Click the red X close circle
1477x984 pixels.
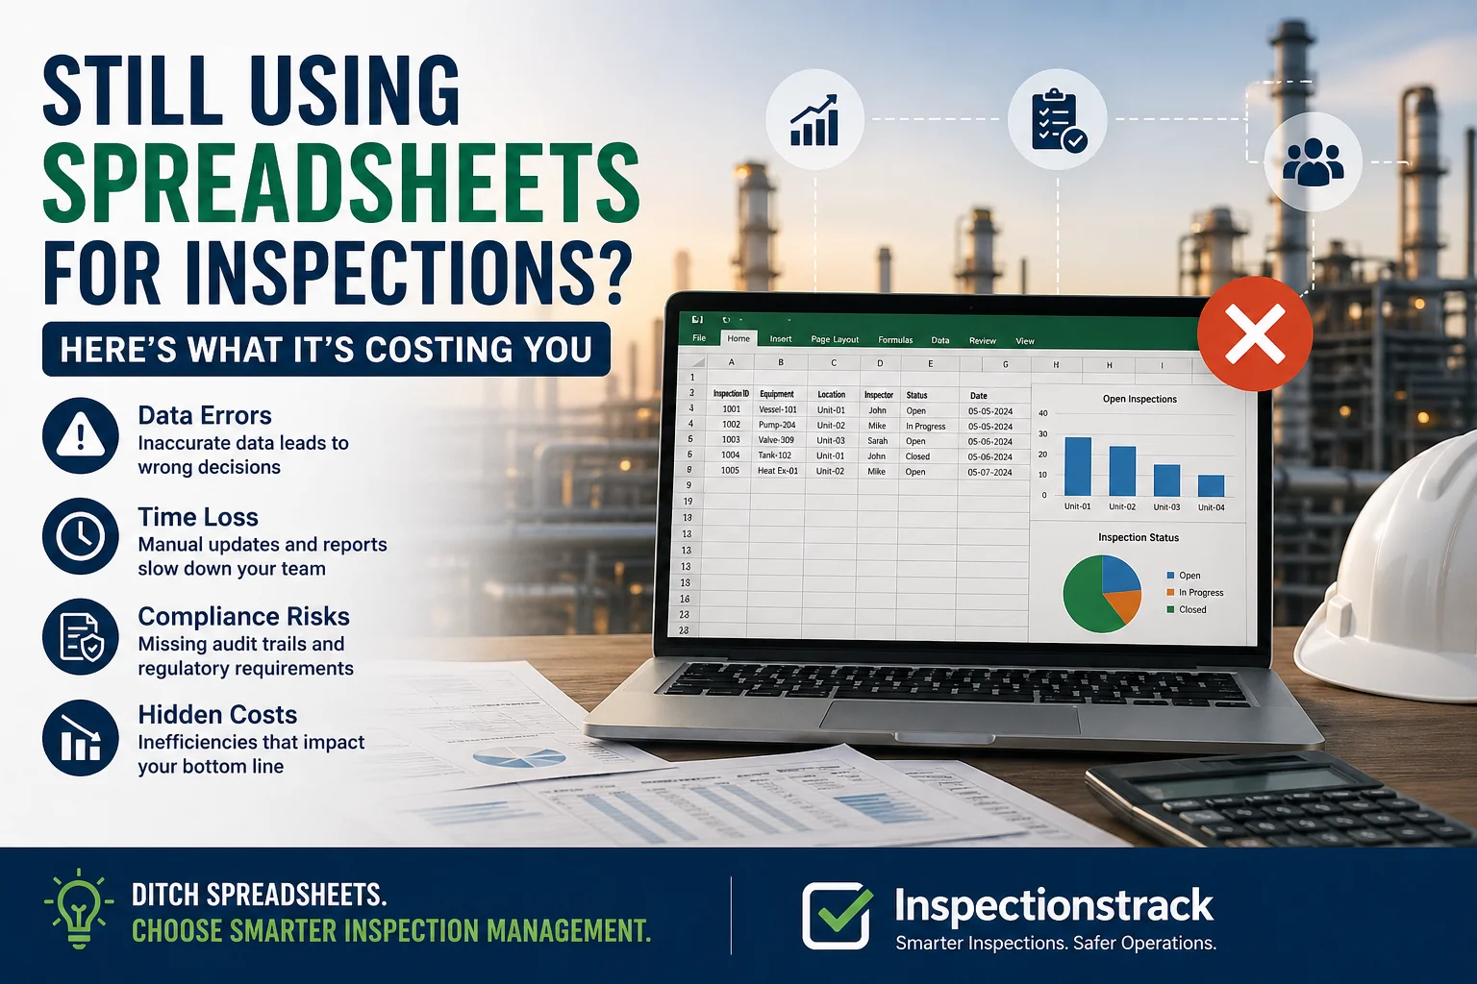[x=1255, y=333]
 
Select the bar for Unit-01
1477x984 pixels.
[x=1078, y=466]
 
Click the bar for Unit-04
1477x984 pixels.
[x=1211, y=485]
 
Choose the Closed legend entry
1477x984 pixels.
[x=1191, y=609]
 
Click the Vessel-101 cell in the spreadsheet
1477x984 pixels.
[x=778, y=409]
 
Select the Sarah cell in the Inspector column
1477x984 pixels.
[x=877, y=441]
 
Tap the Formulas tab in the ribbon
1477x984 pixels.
[x=895, y=340]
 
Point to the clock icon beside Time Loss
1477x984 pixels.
[x=81, y=537]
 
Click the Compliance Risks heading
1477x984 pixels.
[x=243, y=616]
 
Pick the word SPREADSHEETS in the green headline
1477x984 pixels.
[x=341, y=183]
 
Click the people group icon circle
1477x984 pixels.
[x=1313, y=161]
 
